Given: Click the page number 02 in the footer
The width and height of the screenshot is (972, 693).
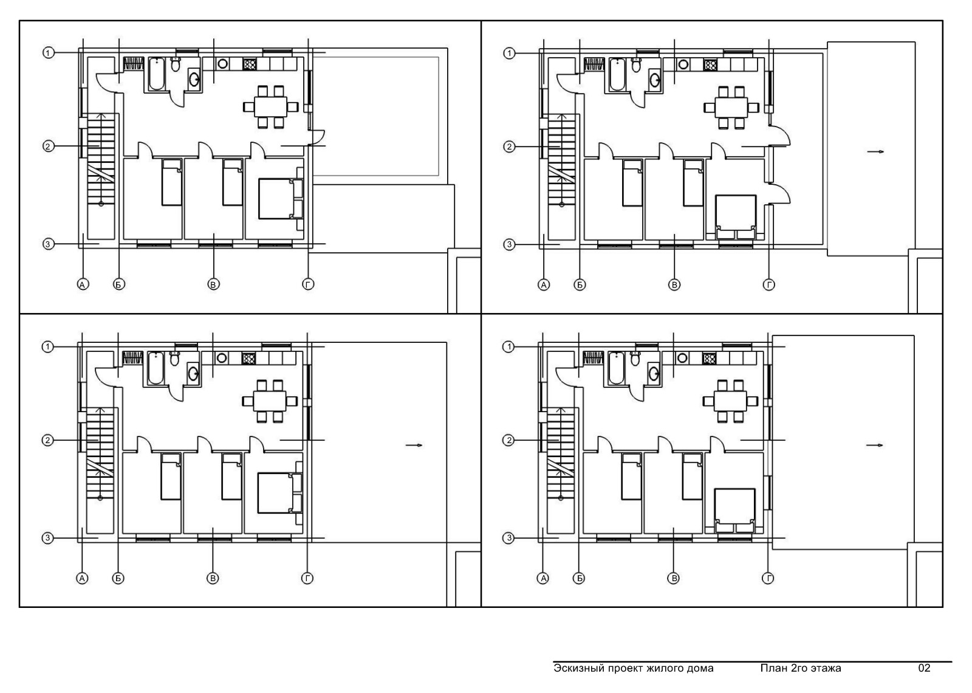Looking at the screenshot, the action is coord(924,668).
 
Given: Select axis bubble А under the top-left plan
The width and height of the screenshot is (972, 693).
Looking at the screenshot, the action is coord(83,284).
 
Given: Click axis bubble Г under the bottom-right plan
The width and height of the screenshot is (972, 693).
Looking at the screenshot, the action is coord(768,578).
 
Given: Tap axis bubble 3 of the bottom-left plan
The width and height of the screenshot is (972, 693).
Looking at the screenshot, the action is coord(48,538).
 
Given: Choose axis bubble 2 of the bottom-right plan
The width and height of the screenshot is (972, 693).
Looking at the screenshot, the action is coord(508,440).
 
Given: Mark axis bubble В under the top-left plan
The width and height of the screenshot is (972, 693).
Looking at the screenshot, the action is coord(213,284).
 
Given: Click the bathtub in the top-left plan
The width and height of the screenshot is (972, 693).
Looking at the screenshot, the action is coord(157,74).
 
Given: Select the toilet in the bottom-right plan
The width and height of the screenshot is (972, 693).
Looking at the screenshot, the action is coord(635,358).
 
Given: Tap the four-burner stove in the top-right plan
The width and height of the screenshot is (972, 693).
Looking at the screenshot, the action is coord(710,65).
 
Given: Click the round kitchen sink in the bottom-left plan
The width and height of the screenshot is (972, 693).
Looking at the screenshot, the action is coord(222,358).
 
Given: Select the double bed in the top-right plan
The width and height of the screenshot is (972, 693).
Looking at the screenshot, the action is coord(736,217).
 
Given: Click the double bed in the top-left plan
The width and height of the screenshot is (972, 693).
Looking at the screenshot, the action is coord(281,198).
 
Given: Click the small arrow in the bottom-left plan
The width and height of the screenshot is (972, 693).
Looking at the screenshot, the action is coord(414,445).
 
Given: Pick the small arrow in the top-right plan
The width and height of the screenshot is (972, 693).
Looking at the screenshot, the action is coord(875,151).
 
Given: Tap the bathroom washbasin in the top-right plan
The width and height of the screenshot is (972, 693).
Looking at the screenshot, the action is coord(655,80).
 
